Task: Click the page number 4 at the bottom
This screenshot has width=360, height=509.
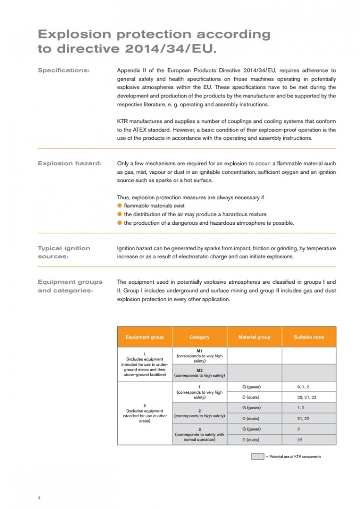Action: click(x=39, y=497)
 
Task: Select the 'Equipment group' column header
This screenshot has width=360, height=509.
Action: click(x=144, y=337)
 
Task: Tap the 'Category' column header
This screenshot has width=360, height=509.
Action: click(x=199, y=337)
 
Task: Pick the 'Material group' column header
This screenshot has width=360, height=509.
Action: click(x=254, y=337)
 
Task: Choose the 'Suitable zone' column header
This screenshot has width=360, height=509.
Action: click(x=309, y=337)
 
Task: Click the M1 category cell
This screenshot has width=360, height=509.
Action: click(x=199, y=356)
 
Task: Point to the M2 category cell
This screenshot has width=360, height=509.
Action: click(x=199, y=373)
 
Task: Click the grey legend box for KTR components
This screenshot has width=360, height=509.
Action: click(x=257, y=456)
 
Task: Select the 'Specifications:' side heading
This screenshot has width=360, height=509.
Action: click(x=63, y=71)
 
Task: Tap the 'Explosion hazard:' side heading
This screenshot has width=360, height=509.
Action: click(x=69, y=163)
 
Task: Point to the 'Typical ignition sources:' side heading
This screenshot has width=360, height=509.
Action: click(x=63, y=252)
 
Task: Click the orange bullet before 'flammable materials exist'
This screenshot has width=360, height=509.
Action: click(x=120, y=206)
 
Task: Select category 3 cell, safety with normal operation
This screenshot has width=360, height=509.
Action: click(x=199, y=434)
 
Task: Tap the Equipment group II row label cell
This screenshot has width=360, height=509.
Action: click(x=144, y=413)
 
